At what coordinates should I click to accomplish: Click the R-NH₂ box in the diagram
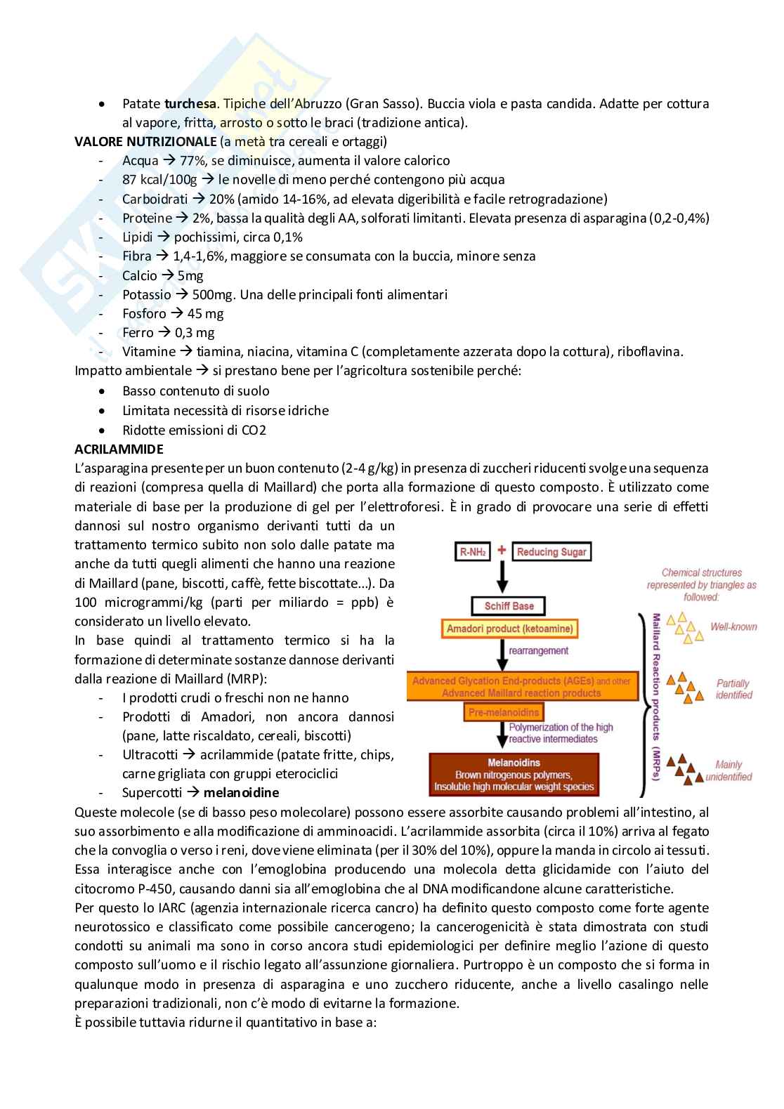(x=473, y=552)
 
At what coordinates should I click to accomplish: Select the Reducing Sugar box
(x=551, y=552)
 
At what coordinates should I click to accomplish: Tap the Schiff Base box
(x=509, y=605)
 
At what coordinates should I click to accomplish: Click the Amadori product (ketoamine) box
(x=509, y=629)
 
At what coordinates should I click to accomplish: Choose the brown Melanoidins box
(x=514, y=775)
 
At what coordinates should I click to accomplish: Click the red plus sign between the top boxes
(x=502, y=550)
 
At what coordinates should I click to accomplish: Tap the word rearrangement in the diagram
(x=539, y=651)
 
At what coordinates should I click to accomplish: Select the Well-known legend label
(x=733, y=626)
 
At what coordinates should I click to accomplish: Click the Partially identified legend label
(x=733, y=689)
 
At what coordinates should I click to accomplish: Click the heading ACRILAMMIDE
(x=119, y=449)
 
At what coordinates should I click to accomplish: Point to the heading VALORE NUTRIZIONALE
(x=145, y=142)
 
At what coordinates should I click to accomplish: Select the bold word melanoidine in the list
(x=241, y=793)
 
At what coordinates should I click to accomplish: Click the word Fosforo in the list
(x=144, y=314)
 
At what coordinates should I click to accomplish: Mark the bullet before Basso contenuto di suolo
(x=103, y=391)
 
